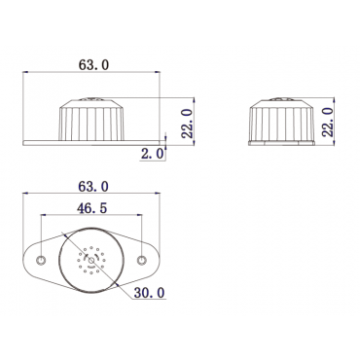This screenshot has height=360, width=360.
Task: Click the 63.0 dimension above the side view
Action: [x=93, y=65]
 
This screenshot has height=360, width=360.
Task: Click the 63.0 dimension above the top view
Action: [x=93, y=187]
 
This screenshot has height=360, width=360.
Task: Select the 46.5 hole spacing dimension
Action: [x=91, y=208]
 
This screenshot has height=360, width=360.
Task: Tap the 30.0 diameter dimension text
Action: [x=150, y=293]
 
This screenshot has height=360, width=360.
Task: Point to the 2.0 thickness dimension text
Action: [x=153, y=154]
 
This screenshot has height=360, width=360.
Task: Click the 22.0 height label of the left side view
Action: [x=187, y=124]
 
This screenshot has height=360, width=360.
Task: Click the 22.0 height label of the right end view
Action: [x=328, y=122]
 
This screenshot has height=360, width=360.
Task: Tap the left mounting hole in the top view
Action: [x=41, y=260]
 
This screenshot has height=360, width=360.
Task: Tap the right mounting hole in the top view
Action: [x=141, y=260]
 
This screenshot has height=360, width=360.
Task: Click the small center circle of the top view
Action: [x=91, y=260]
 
